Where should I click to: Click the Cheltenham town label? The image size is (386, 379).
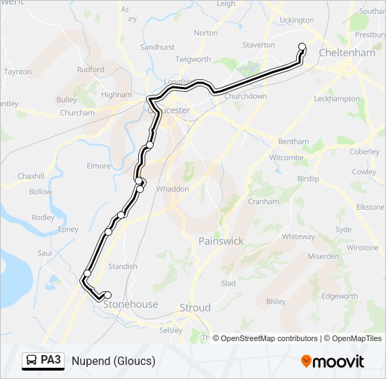348,53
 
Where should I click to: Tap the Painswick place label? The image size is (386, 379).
221,241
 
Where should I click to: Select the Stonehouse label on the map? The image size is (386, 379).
131,305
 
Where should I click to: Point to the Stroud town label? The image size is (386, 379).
195,307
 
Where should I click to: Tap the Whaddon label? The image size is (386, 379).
173,189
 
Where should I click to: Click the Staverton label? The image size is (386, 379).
259,45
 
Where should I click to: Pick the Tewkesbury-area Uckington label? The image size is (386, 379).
297,20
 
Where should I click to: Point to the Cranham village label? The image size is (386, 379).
263,201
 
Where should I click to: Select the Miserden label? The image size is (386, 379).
323,256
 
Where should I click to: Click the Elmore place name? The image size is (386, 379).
99,166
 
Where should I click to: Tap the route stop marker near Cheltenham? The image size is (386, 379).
302,47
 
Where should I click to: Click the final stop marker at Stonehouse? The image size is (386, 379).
107,295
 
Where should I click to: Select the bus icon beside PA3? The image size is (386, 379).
32,361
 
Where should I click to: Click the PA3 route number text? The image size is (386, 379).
51,361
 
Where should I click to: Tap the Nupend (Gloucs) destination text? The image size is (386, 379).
113,361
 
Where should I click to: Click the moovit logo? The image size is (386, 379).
333,361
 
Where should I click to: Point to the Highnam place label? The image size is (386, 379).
117,95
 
